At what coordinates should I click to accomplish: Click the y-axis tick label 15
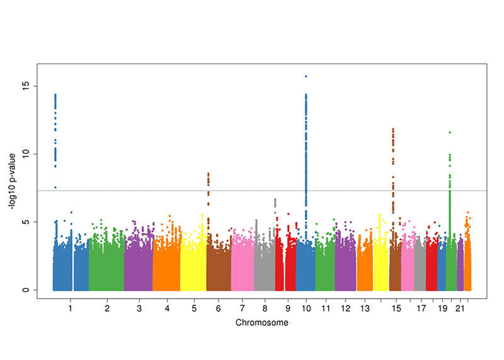[26, 86]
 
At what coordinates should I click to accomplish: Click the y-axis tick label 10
[26, 154]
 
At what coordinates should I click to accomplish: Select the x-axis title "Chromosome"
[262, 323]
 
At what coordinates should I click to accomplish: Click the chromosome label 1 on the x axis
[70, 309]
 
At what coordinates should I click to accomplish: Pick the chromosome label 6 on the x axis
[218, 309]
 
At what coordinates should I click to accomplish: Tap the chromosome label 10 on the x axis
[306, 309]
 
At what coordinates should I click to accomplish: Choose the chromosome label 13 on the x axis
[365, 309]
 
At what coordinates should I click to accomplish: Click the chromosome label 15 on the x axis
[396, 309]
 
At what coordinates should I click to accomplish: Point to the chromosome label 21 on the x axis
[461, 309]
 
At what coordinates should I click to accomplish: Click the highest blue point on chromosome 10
[306, 76]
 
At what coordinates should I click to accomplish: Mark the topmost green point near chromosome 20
[450, 132]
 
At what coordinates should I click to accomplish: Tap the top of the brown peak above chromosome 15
[393, 129]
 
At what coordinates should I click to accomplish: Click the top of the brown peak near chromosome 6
[208, 173]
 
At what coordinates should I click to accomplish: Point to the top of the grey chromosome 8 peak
[275, 200]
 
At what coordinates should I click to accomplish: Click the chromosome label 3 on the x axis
[139, 309]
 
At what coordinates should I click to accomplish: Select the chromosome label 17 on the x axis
[420, 309]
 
